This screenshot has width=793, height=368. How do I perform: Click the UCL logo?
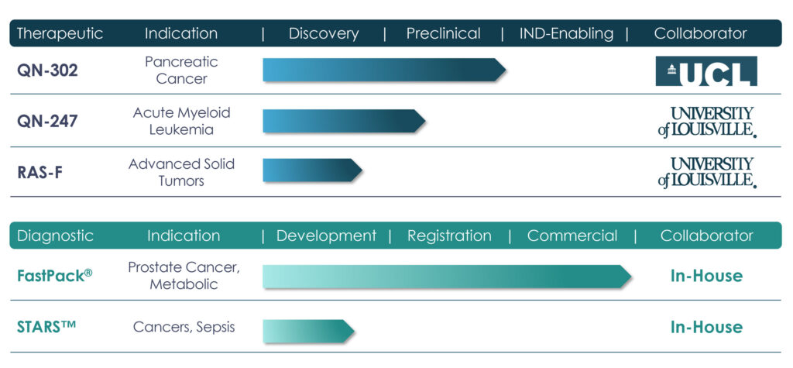pos(706,71)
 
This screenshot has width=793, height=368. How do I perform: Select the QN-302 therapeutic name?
pos(47,71)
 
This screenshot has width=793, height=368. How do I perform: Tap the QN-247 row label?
pos(47,121)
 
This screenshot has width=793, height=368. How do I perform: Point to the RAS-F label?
pos(40,172)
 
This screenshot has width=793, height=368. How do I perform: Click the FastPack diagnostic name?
pos(55,276)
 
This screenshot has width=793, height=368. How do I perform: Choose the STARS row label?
pos(46,326)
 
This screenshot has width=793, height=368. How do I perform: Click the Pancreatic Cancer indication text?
pos(181,71)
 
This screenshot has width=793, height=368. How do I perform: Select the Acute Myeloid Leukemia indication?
pos(181,121)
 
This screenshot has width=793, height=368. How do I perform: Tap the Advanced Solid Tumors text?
pos(181,172)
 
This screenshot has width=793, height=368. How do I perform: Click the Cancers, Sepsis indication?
pos(184,327)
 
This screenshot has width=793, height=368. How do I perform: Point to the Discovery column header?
pos(324,34)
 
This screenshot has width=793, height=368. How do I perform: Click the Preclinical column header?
pos(444,34)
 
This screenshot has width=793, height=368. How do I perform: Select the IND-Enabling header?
pos(566,34)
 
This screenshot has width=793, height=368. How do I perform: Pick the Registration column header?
pos(449,236)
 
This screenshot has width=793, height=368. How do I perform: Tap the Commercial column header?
pos(572,236)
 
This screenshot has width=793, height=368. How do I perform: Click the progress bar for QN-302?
pos(384,70)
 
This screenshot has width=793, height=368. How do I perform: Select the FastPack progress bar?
pos(447,277)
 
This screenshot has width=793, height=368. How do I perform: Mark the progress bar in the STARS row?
pos(308,331)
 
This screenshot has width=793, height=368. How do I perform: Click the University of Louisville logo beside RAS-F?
pos(707,173)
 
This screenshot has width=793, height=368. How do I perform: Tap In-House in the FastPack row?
pos(706,276)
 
